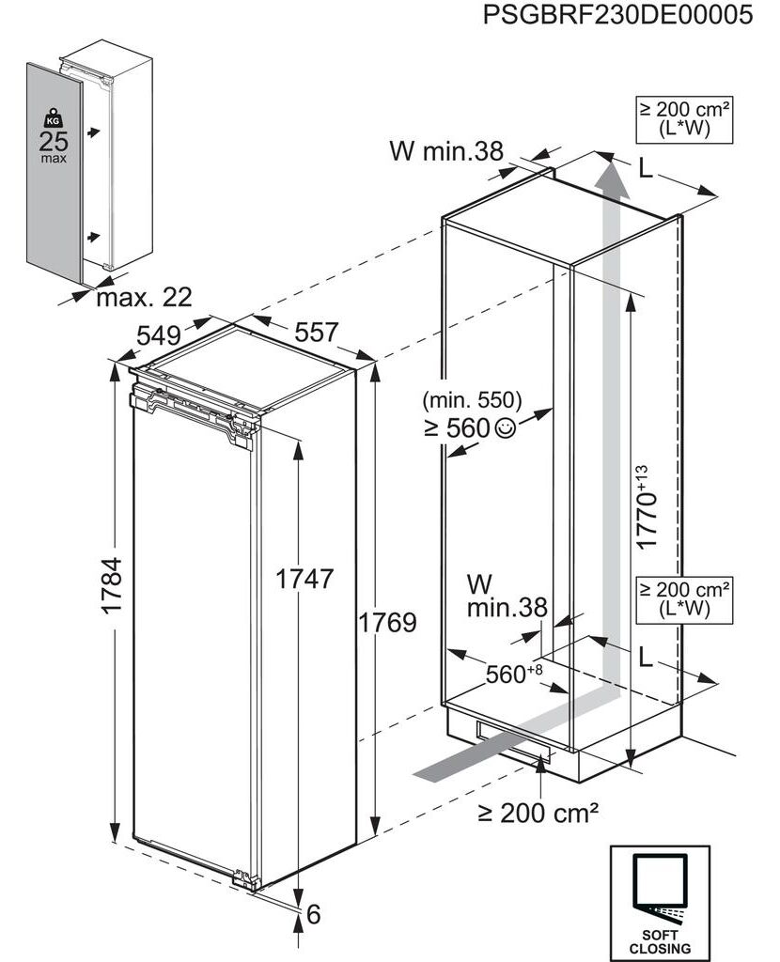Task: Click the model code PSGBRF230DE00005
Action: pos(617,14)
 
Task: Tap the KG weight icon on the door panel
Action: pos(54,117)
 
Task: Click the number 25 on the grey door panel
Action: pos(54,142)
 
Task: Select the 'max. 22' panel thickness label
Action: pos(144,298)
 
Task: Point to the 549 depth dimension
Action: pos(158,335)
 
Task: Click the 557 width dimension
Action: pos(317,332)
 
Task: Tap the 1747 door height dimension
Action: pos(304,579)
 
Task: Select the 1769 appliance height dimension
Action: pos(387,622)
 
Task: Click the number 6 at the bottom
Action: pos(314,914)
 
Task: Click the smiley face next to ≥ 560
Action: pos(505,427)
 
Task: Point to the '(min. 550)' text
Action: pos(472,400)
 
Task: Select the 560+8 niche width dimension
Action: pos(514,673)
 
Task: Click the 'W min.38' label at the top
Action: pos(446,151)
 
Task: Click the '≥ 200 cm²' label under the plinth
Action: pos(538,813)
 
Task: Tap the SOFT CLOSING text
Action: pos(660,941)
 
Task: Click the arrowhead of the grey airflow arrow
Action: pos(610,174)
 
